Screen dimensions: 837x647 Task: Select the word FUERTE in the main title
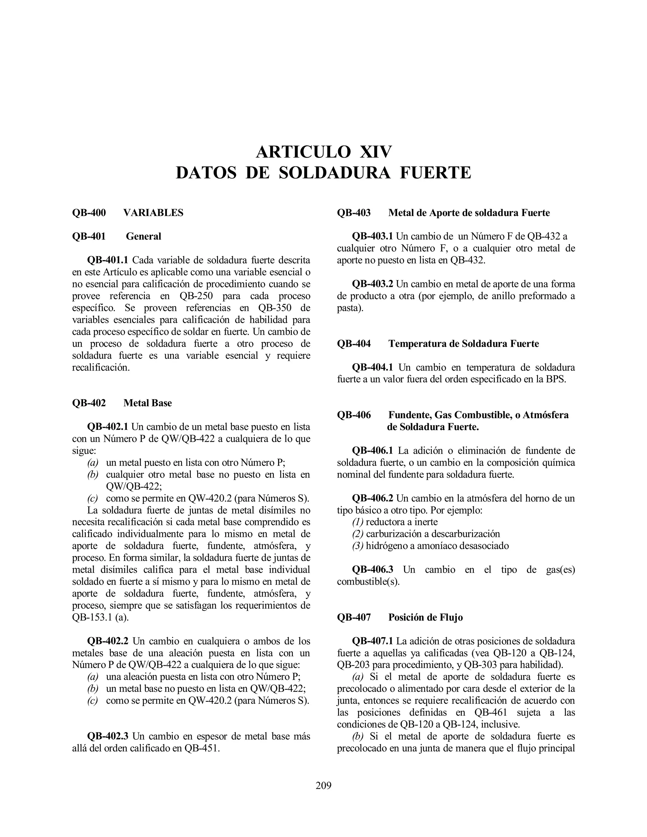[435, 173]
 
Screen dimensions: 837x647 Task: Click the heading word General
[143, 237]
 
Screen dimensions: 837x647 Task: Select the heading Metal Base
[148, 403]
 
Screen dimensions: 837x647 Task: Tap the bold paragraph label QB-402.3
[108, 736]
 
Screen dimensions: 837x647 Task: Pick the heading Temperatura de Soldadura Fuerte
[463, 344]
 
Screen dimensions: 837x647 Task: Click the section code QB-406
[354, 415]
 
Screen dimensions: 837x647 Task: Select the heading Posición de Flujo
[426, 617]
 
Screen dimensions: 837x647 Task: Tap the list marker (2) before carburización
[358, 534]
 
